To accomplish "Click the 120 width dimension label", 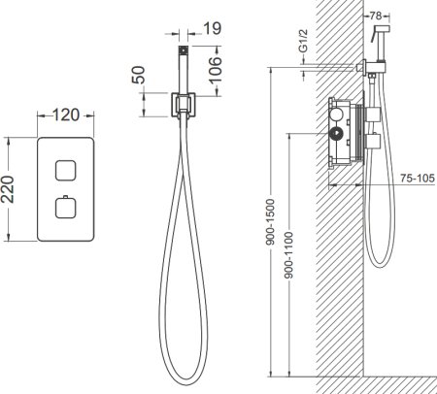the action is click(66, 115).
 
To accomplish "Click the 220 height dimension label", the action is click(8, 189).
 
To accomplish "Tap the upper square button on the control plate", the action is click(66, 171).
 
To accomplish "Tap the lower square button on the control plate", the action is click(66, 208).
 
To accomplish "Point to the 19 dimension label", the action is click(213, 28).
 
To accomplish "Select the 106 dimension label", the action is click(215, 71).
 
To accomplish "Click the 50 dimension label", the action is click(139, 75).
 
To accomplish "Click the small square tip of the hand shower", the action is click(184, 50).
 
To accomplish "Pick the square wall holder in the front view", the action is click(184, 105).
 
